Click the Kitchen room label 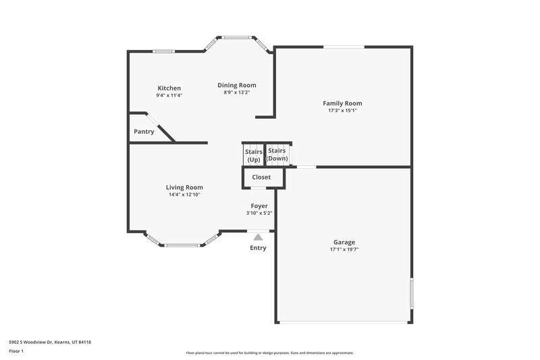coord(169,88)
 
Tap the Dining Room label coord(236,85)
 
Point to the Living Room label coord(184,187)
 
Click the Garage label coord(344,242)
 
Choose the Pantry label coord(144,132)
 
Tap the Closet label coord(261,177)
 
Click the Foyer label coord(259,205)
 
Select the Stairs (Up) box coord(253,155)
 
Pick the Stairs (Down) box coord(277,155)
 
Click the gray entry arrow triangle coord(258,236)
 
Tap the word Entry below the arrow coord(258,248)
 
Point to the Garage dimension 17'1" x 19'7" coord(344,249)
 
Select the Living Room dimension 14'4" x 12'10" coord(184,195)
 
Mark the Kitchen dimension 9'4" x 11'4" coord(169,95)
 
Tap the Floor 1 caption coord(17,351)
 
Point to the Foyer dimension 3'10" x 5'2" coord(259,213)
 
